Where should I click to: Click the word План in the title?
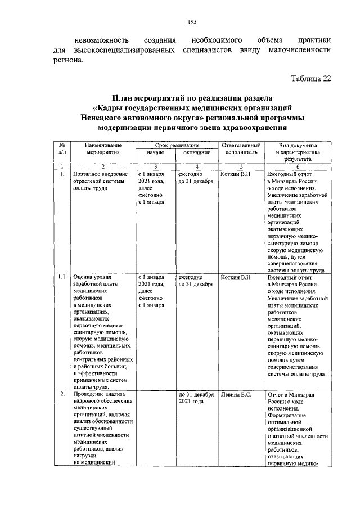(x=122, y=97)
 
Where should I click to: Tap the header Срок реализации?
(x=176, y=145)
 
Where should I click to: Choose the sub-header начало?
(x=155, y=152)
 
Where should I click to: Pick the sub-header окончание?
(x=196, y=152)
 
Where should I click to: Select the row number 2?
(x=62, y=395)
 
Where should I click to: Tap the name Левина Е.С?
(x=236, y=395)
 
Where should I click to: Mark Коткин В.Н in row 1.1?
(x=236, y=278)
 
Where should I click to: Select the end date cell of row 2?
(x=196, y=399)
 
